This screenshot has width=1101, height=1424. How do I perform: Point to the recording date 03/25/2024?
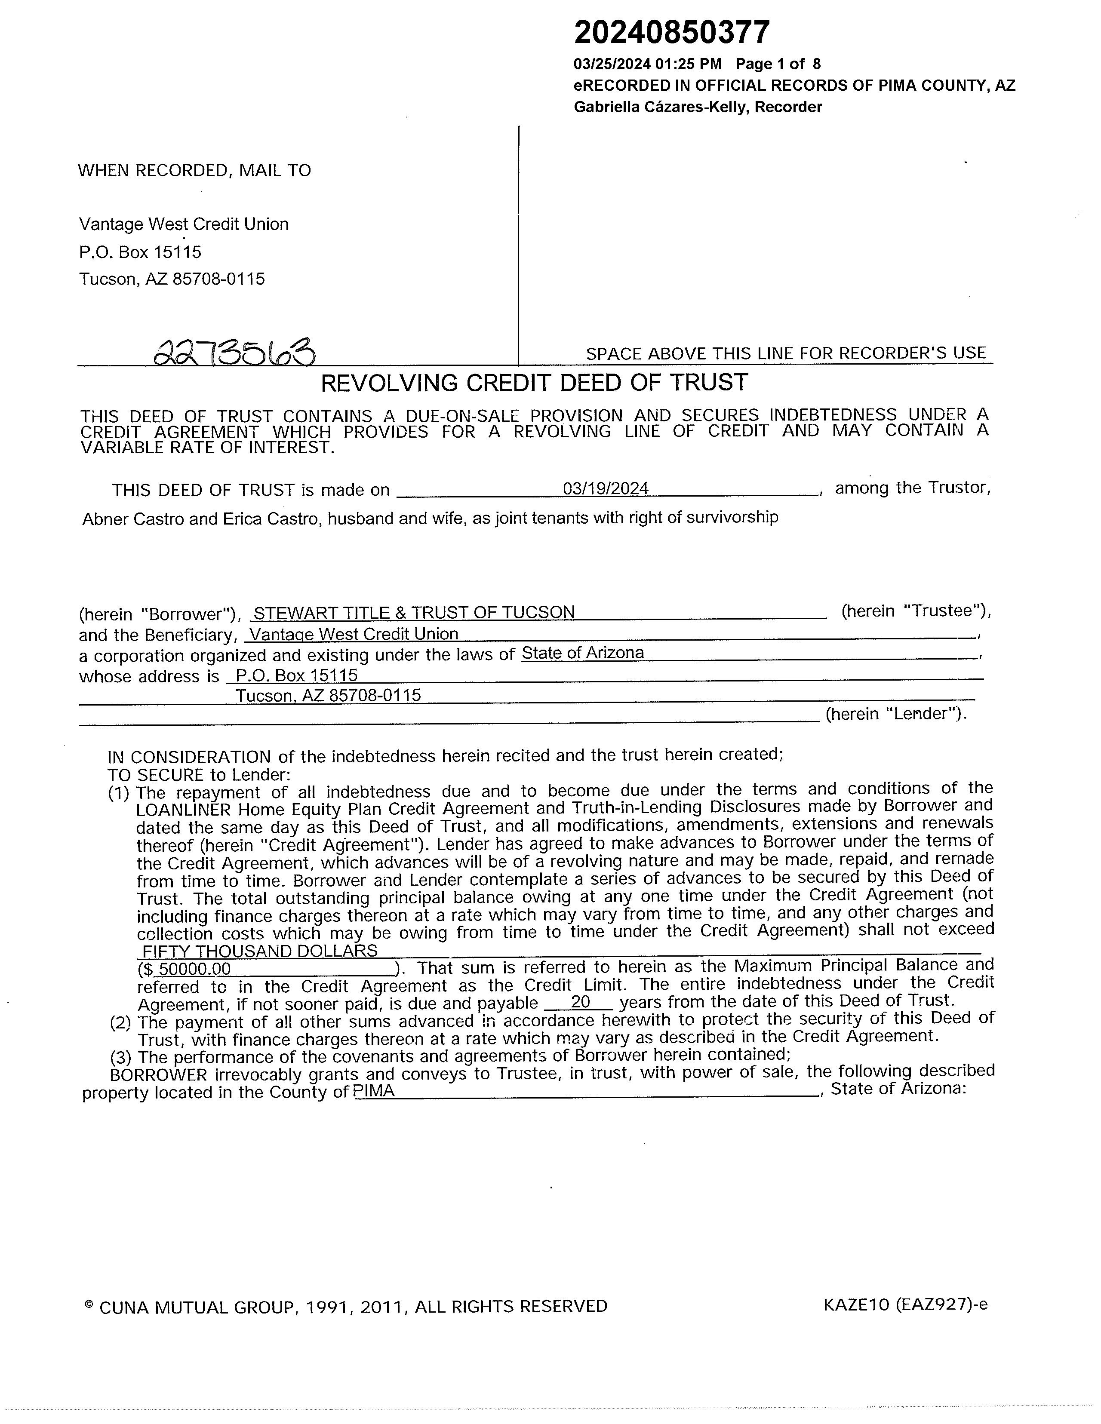pyautogui.click(x=612, y=64)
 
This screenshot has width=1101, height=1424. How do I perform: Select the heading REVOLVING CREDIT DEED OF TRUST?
pyautogui.click(x=534, y=383)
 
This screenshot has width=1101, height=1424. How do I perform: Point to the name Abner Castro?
pyautogui.click(x=125, y=519)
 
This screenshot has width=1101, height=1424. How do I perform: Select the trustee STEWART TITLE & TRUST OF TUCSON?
pyautogui.click(x=414, y=613)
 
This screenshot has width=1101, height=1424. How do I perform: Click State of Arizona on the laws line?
pyautogui.click(x=582, y=654)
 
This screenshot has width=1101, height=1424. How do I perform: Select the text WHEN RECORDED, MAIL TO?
pyautogui.click(x=194, y=171)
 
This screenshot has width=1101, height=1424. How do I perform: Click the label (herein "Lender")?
pyautogui.click(x=895, y=714)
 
